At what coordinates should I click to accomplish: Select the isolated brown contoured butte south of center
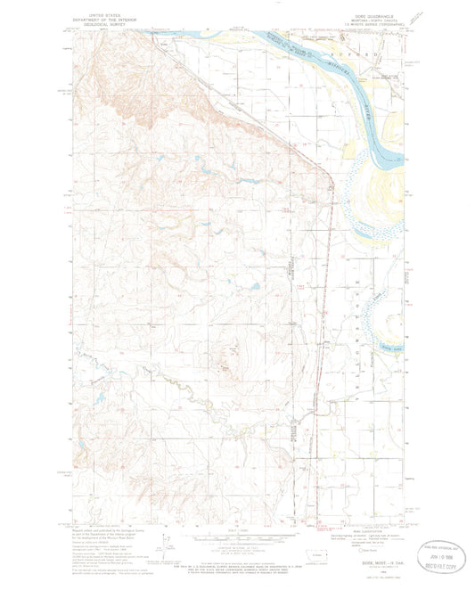[x=225, y=363]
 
